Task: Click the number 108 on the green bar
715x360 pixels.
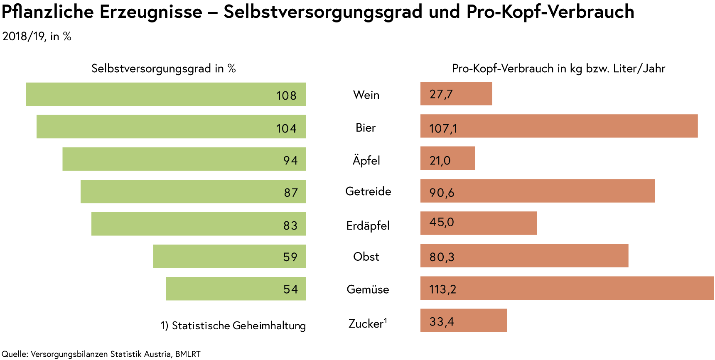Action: coord(286,96)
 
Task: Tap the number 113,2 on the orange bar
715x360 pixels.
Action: coord(442,289)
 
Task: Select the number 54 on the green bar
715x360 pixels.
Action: coord(290,289)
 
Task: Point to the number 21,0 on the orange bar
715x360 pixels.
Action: coord(440,161)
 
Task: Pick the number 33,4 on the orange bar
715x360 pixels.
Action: coord(441,322)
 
